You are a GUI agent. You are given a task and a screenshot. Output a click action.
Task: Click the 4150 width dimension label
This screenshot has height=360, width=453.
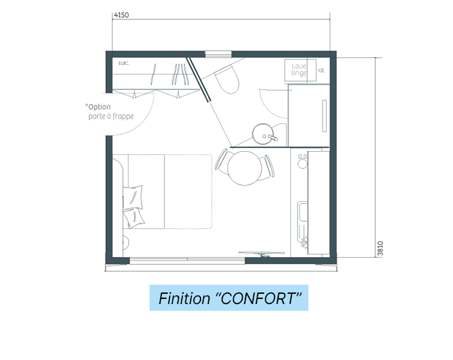[121, 15]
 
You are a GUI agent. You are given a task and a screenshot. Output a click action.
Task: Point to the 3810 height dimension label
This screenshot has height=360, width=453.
[380, 249]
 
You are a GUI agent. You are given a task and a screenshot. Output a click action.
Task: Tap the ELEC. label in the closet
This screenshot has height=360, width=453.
[124, 63]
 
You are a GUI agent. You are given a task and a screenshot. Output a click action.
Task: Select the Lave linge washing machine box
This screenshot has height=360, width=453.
[301, 70]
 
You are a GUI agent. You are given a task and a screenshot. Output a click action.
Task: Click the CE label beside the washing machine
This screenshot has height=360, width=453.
[321, 70]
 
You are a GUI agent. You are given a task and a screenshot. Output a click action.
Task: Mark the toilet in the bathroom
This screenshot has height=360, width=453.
[227, 80]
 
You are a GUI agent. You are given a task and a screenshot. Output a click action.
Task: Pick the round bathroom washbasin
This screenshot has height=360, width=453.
[263, 134]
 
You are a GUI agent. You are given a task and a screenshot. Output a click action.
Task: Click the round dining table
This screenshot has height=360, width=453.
[245, 168]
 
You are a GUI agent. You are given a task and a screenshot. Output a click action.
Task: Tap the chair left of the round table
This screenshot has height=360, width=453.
[222, 161]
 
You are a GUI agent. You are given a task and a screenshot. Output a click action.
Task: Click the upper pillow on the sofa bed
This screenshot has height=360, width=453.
[132, 197]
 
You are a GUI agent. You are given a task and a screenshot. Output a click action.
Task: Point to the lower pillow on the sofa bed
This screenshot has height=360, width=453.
[134, 218]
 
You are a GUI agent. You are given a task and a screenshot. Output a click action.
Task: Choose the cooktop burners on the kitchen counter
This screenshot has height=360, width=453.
[303, 161]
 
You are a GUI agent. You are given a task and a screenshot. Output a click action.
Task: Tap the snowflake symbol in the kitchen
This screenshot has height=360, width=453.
[304, 243]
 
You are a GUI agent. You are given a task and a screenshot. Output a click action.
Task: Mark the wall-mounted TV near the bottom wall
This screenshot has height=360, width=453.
[262, 253]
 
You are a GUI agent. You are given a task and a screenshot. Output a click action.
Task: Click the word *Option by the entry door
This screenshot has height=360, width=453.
[98, 107]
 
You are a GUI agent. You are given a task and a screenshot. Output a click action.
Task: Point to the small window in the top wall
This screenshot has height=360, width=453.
[218, 54]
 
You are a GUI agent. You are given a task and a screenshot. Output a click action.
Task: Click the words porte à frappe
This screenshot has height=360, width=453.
[111, 116]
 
